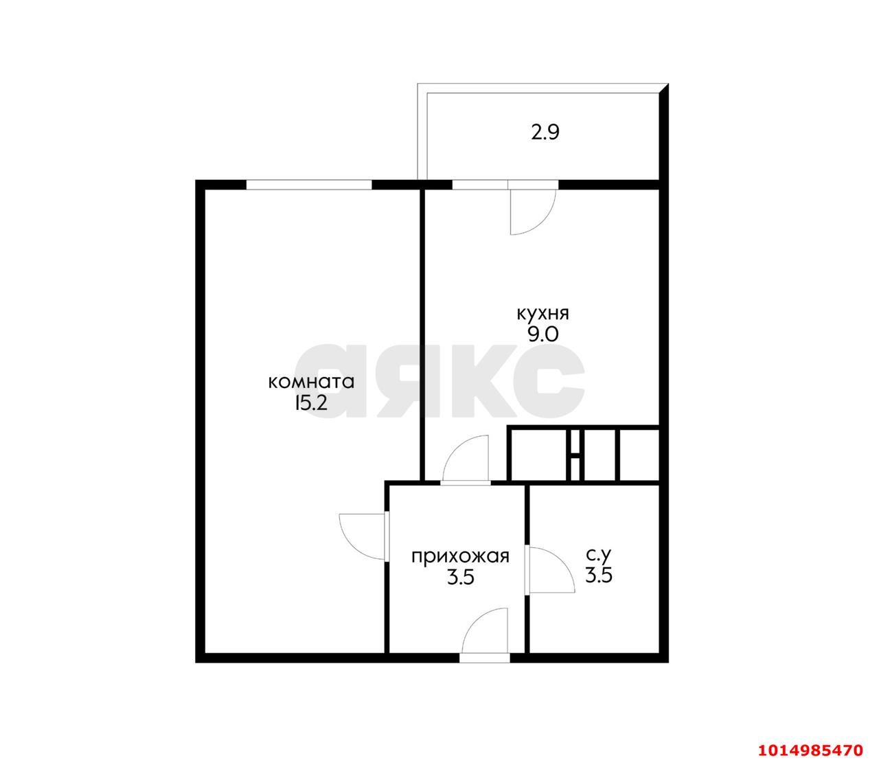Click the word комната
coord(312,382)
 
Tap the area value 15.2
coord(311,403)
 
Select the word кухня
coord(543,314)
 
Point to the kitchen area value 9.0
coord(543,334)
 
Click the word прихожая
coord(461,556)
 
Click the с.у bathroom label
coord(598,555)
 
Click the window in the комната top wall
coord(308,184)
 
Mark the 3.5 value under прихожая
coord(461,578)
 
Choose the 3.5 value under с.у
coord(598,576)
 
